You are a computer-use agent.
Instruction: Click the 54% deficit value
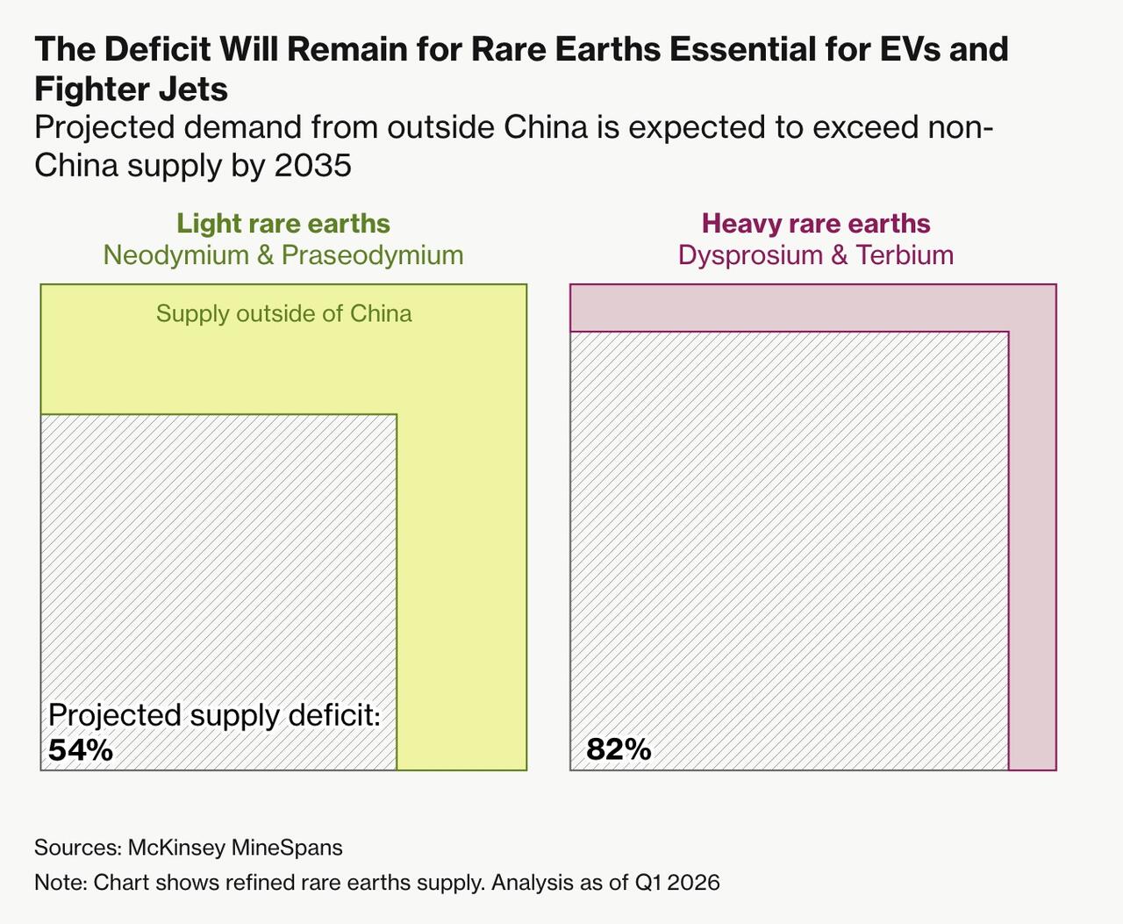[81, 750]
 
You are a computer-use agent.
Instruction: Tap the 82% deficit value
[619, 749]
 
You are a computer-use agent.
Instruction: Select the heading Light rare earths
[283, 224]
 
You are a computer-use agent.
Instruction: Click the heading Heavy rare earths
[816, 224]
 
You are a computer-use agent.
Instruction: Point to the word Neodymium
[176, 255]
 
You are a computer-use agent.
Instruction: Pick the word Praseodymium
[372, 255]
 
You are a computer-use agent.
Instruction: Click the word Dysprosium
[750, 255]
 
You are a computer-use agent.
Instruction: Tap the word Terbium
[905, 255]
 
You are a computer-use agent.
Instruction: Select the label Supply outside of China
[283, 313]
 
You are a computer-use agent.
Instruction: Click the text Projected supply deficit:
[215, 714]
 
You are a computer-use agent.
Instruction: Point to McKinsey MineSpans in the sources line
[235, 848]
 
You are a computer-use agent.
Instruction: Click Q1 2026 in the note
[677, 883]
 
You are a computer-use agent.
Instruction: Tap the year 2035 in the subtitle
[313, 165]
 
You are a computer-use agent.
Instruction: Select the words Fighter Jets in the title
[131, 89]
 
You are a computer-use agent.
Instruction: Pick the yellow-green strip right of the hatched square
[461, 591]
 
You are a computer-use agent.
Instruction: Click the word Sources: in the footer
[78, 848]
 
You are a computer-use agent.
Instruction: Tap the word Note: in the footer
[61, 883]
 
